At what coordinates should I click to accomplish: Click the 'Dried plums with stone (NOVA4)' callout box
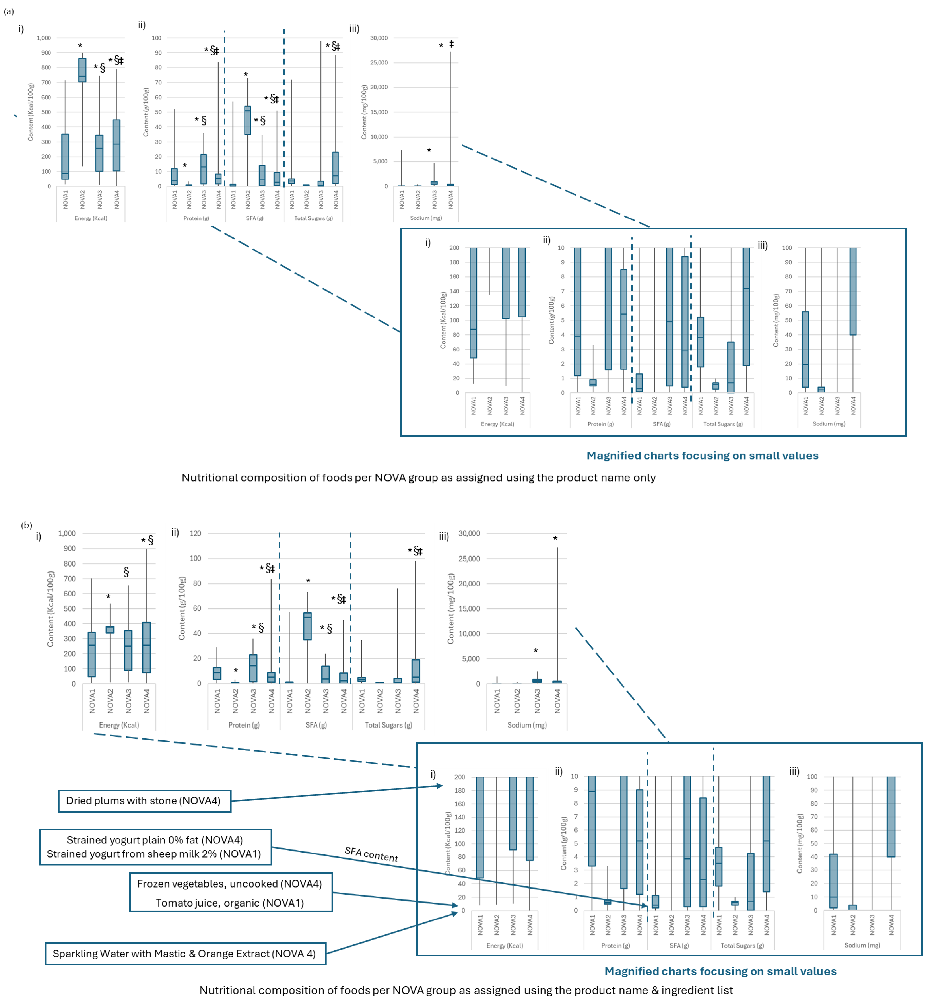144,801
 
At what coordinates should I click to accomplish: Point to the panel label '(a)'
9,11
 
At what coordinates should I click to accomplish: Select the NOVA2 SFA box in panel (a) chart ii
248,120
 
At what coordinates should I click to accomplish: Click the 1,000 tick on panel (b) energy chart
67,533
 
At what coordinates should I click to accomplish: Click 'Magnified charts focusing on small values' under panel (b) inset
720,971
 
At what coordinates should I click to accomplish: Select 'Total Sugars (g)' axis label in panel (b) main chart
388,725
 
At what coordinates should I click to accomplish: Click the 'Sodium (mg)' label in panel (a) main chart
426,218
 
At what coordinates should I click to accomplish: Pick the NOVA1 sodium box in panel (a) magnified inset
806,349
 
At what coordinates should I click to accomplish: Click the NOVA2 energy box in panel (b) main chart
110,629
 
